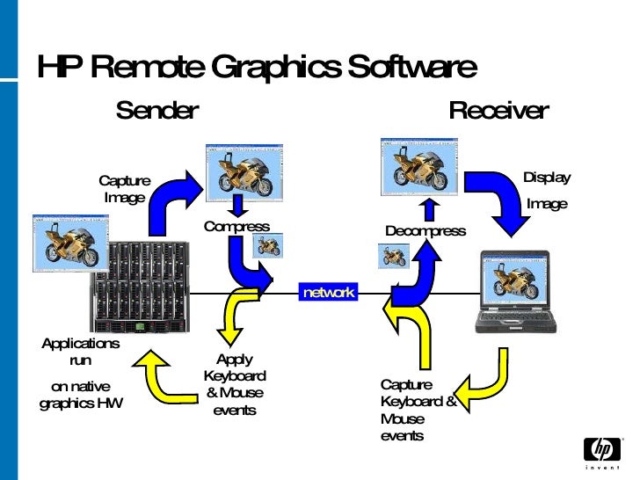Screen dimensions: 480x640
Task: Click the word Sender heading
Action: (157, 111)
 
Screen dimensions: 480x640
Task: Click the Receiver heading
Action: (498, 111)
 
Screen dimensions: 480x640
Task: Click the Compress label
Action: (236, 227)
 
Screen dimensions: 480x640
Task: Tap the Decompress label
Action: (425, 231)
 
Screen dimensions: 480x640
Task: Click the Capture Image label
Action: (124, 189)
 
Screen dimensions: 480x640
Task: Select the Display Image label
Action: (547, 190)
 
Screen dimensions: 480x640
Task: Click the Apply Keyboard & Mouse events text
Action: (234, 384)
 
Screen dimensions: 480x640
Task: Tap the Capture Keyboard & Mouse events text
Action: (417, 410)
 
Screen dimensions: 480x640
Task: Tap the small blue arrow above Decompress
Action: (428, 209)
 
